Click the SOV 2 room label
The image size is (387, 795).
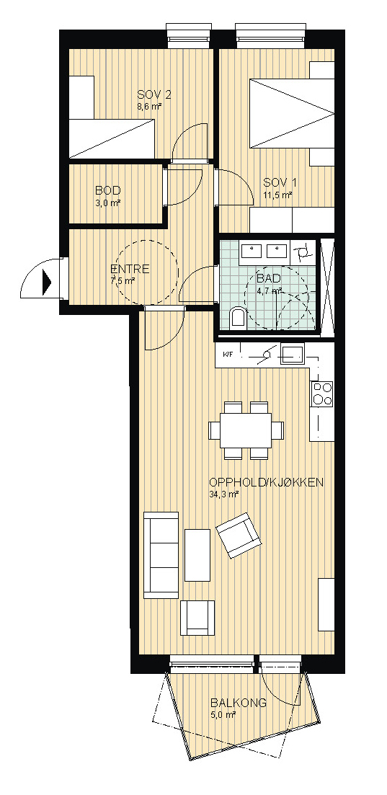(x=154, y=95)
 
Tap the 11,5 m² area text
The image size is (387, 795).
(x=277, y=195)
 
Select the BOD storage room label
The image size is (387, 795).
(x=107, y=191)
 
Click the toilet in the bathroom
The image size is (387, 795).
(x=237, y=318)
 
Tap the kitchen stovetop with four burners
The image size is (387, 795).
(x=323, y=394)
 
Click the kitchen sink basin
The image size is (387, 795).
(x=292, y=353)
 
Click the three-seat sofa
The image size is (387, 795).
(x=161, y=555)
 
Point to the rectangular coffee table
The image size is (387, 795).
(x=197, y=555)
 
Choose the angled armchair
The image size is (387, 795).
(x=239, y=535)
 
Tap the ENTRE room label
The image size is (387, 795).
(x=129, y=269)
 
